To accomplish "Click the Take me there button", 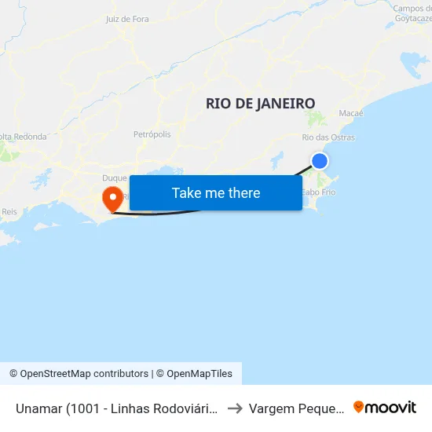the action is click(x=216, y=192).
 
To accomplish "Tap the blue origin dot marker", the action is click(x=320, y=161).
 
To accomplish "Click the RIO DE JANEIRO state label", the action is click(x=260, y=103).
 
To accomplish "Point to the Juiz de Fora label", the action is click(x=126, y=19).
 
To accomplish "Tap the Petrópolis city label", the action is click(x=152, y=134).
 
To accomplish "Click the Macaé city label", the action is click(x=351, y=113).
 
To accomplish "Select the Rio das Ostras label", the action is click(x=328, y=137).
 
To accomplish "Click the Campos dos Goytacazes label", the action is click(x=412, y=13).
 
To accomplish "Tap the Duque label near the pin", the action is click(x=114, y=178).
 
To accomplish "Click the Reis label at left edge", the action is click(x=9, y=211).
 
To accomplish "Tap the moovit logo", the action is click(x=385, y=407).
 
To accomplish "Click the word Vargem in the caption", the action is click(x=271, y=408).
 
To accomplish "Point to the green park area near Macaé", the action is click(x=317, y=119).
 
